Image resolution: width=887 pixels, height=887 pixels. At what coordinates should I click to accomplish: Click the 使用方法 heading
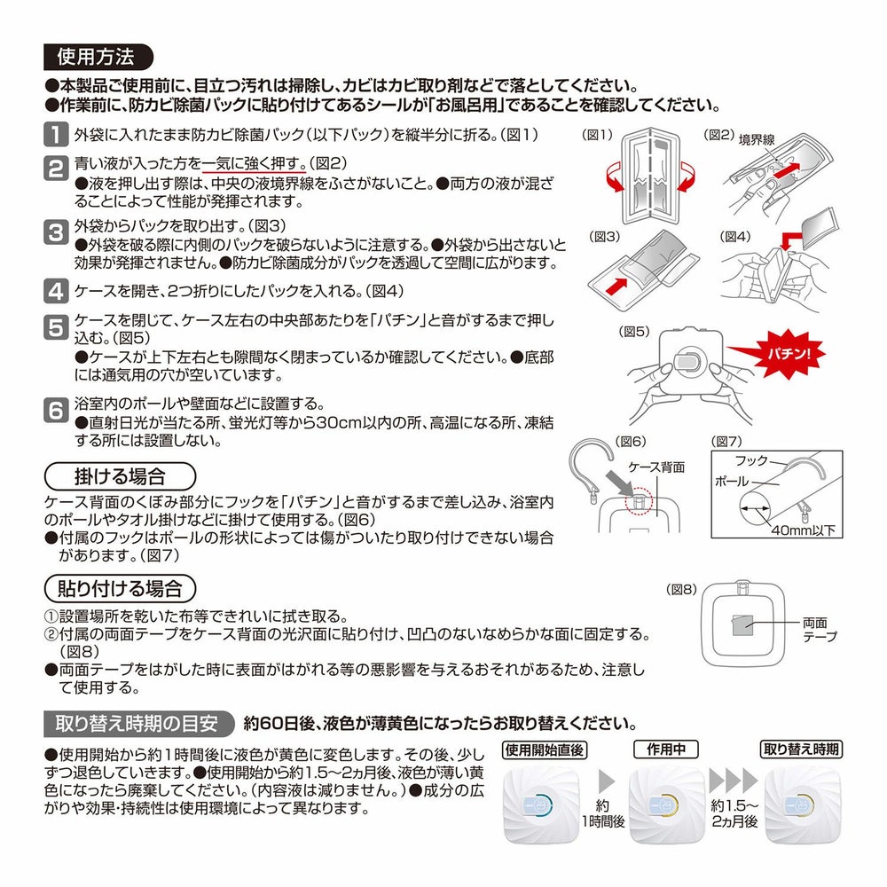(x=96, y=59)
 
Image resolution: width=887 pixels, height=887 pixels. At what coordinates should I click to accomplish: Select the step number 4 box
(x=55, y=290)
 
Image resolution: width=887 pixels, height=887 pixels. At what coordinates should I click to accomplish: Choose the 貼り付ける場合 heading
(x=119, y=588)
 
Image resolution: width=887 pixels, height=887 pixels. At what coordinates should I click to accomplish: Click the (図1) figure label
(x=598, y=135)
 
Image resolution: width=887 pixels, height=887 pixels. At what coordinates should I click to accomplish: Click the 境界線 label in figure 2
(x=757, y=140)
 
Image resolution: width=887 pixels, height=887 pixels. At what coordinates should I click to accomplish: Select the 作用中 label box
(x=665, y=749)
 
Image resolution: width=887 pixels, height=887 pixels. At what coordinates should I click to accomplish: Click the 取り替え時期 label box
(x=801, y=749)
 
